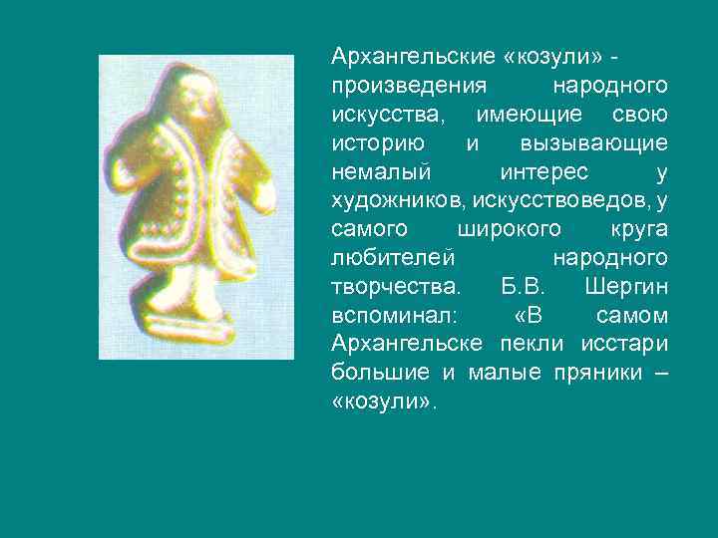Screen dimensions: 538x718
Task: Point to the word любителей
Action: pos(393,257)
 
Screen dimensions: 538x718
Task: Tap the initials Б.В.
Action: pos(516,286)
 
